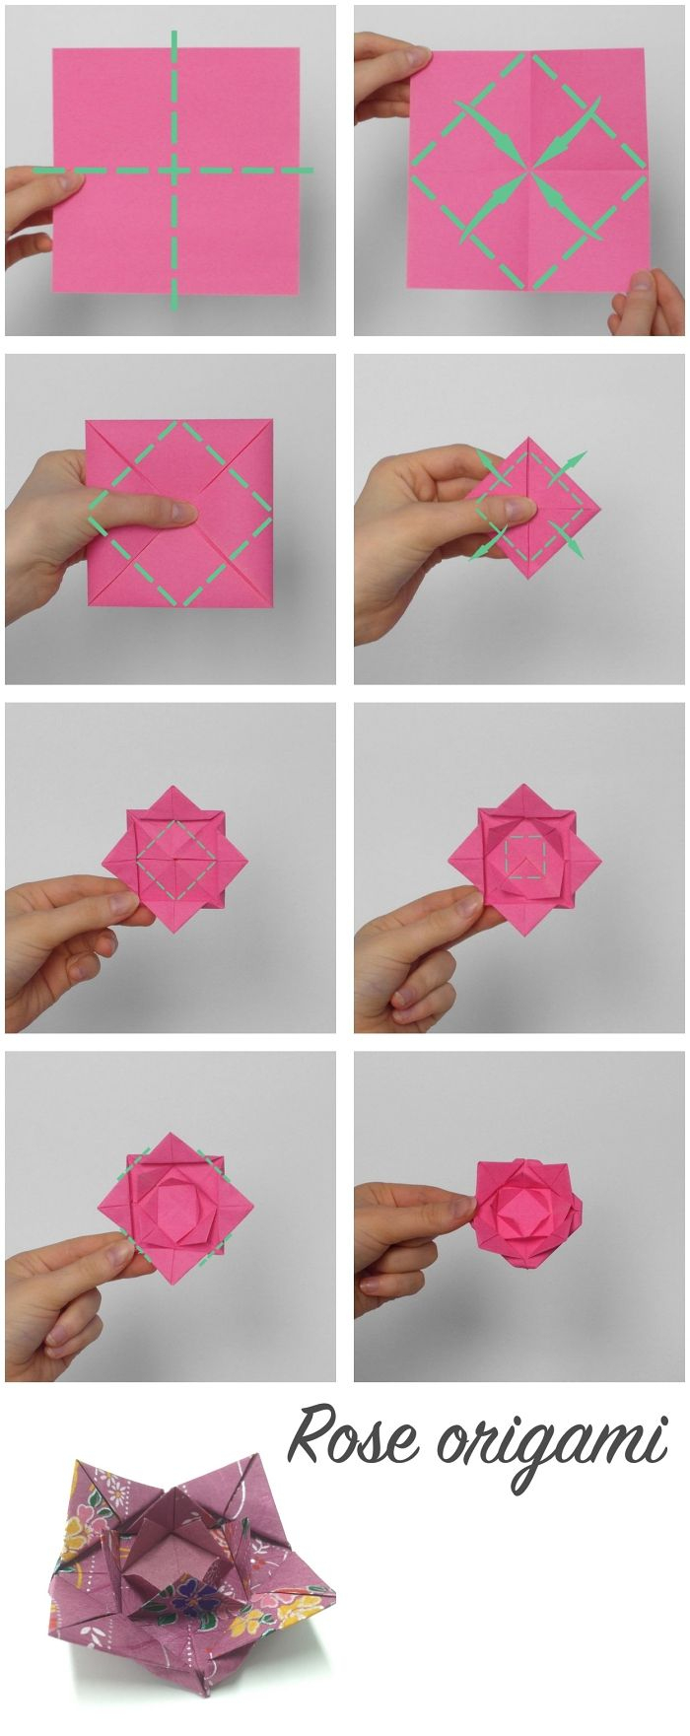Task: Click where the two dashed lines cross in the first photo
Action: [174, 171]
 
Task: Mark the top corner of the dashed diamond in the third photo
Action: [178, 422]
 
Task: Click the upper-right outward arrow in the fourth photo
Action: [571, 466]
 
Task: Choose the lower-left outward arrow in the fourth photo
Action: [489, 543]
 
